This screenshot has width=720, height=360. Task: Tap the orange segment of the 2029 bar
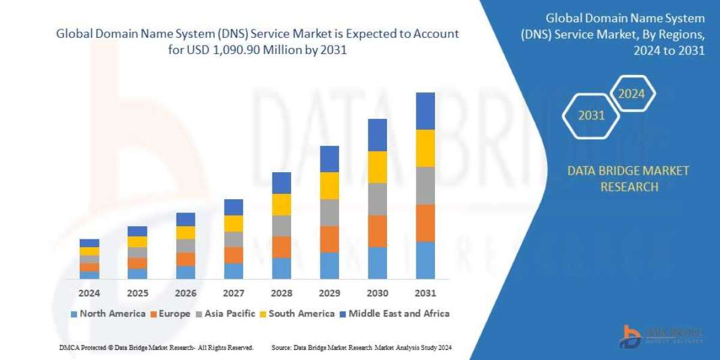(x=329, y=239)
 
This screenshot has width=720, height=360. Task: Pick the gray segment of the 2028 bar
(x=281, y=226)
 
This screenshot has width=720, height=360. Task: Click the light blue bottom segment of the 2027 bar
(x=233, y=271)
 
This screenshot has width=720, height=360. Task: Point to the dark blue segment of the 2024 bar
(x=89, y=243)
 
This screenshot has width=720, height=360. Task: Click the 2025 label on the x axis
(x=137, y=293)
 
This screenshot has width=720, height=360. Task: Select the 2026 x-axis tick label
(x=185, y=293)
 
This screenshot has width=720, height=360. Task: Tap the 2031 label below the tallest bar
(x=425, y=293)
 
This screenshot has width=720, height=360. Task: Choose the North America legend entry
(x=108, y=313)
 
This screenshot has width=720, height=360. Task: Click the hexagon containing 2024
(x=631, y=94)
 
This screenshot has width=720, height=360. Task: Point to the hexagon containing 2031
(x=592, y=115)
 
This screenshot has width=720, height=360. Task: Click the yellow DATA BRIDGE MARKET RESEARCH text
(x=628, y=179)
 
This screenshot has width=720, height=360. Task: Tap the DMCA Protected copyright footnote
(x=156, y=347)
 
